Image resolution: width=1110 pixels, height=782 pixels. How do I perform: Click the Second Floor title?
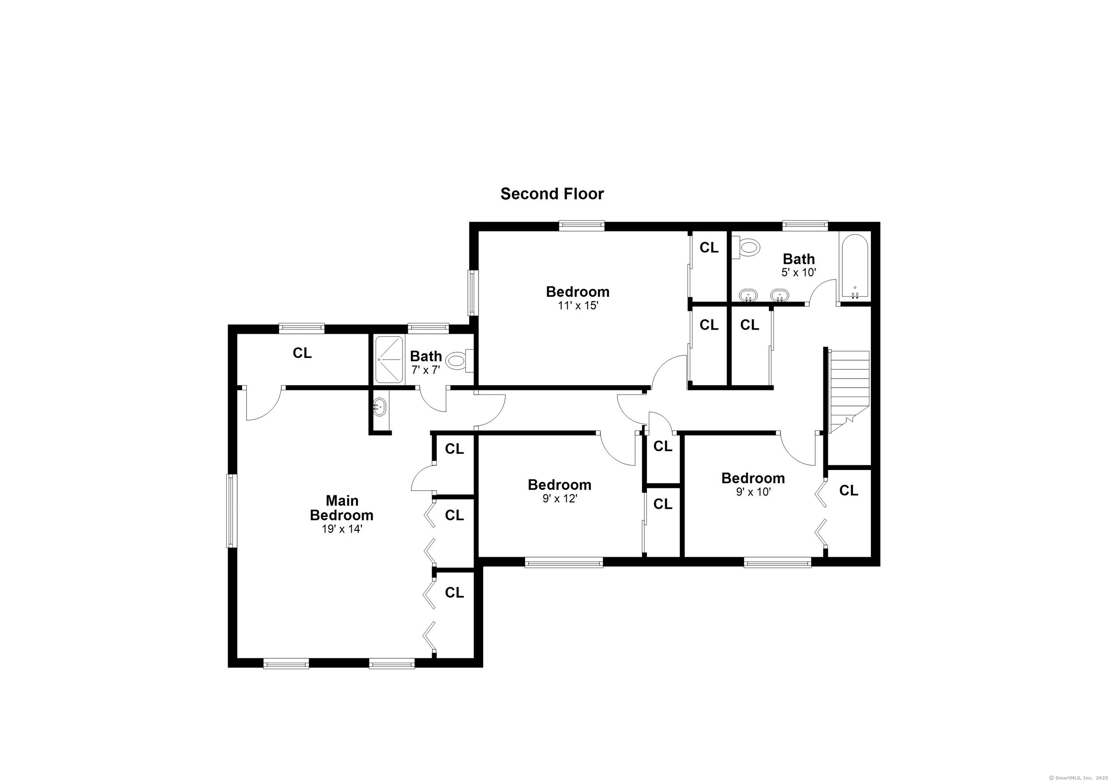(552, 194)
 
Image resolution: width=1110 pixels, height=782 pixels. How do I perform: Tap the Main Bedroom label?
(341, 508)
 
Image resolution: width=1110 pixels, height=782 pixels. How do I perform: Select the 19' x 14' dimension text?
(342, 529)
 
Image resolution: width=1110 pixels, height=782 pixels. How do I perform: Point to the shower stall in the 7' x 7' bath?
(389, 359)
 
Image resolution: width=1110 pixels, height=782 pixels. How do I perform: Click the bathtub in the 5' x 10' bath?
(855, 267)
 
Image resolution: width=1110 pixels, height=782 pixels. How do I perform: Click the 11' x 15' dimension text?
(578, 305)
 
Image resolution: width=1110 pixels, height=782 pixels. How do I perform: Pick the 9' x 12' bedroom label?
(559, 484)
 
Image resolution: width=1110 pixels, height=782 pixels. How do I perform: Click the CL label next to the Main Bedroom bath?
(302, 354)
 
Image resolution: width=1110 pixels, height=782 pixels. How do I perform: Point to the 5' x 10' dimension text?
(799, 272)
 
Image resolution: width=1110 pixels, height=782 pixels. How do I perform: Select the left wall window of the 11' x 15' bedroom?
(473, 292)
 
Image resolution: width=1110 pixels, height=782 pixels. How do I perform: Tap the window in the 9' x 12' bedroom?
(564, 562)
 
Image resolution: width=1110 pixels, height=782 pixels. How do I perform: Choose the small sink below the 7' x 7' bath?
(380, 407)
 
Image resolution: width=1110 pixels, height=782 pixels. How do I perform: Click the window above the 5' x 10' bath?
(805, 225)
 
